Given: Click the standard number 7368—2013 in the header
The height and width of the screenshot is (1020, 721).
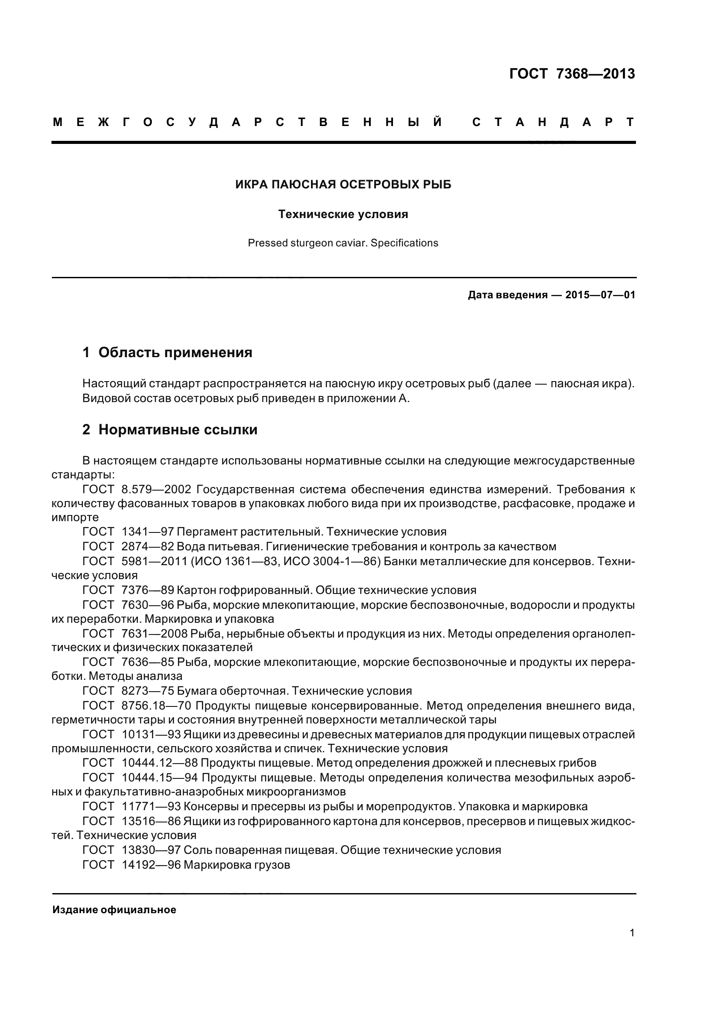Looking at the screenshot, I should (x=595, y=74).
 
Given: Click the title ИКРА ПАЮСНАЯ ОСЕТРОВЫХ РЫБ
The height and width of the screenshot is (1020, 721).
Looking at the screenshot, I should (x=343, y=184).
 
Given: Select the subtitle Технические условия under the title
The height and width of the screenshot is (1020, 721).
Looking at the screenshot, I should (x=343, y=214).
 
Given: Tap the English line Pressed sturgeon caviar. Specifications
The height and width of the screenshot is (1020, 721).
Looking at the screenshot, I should (x=343, y=243).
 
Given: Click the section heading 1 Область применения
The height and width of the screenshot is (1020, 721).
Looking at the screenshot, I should (x=167, y=352).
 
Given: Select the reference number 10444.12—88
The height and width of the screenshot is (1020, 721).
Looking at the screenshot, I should (x=160, y=763).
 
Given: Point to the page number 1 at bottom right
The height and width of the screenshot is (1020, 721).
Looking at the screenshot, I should (x=632, y=932).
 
